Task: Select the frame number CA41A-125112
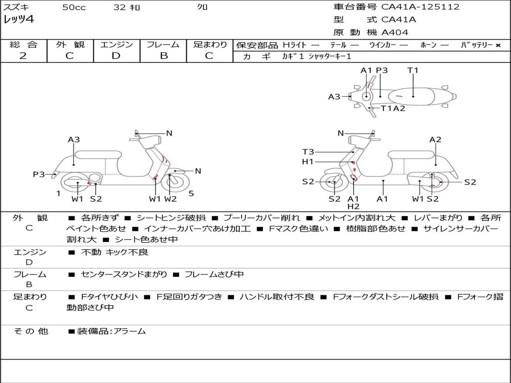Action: tap(420, 7)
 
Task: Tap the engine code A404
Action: tap(395, 32)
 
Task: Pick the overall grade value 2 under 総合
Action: tap(23, 56)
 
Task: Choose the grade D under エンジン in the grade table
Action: tap(116, 56)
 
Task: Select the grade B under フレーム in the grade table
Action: tap(163, 56)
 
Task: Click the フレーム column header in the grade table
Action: tap(163, 44)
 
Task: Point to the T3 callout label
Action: tap(308, 152)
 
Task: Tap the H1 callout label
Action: tap(308, 162)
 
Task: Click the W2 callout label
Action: tap(170, 199)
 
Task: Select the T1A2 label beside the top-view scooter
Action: tap(393, 108)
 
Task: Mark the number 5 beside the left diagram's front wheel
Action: tap(191, 193)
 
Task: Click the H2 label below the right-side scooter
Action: tap(353, 206)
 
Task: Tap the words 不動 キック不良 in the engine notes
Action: tap(114, 252)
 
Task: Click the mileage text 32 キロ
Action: tap(127, 7)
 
